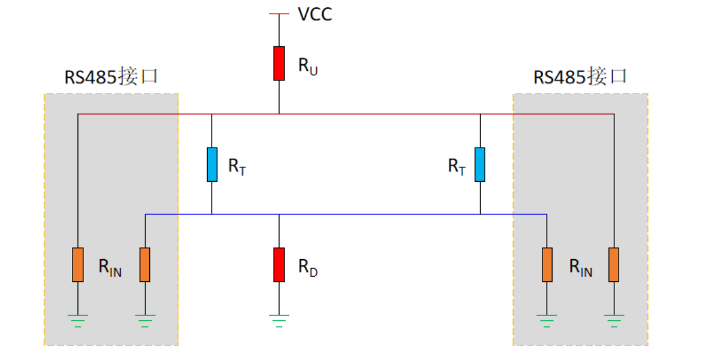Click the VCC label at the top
coord(314,14)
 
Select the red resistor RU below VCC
coord(279,63)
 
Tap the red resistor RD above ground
coord(279,265)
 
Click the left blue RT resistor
coord(212,164)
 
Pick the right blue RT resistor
coord(480,164)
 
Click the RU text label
coord(308,66)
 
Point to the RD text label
coord(308,268)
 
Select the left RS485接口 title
coord(111,77)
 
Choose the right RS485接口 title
coord(580,77)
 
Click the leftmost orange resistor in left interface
coord(78,265)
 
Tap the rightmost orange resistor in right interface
coord(613,265)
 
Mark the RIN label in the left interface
coord(110,268)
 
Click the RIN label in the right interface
coord(580,268)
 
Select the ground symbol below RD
coord(279,319)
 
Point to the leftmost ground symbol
coord(78,319)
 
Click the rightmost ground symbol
coord(613,319)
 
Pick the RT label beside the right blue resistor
coord(457,167)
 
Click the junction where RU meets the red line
coord(279,113)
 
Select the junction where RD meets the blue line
coord(279,214)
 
